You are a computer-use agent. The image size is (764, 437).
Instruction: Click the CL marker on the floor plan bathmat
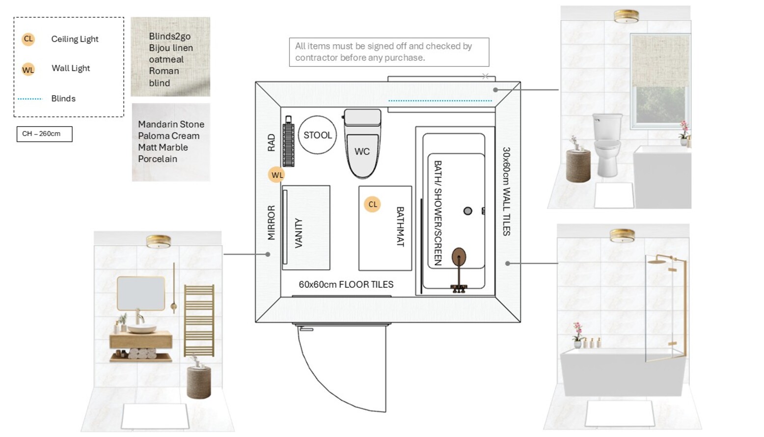tap(372, 204)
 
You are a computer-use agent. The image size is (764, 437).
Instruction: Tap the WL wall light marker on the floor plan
tap(276, 175)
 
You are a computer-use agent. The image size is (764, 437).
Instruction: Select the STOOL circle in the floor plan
tap(318, 135)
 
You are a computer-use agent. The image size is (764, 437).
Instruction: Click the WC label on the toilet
tap(362, 151)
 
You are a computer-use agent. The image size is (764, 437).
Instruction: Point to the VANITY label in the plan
tap(299, 233)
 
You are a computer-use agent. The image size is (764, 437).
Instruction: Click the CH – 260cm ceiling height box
tap(44, 134)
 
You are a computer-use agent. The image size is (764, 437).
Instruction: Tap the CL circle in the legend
tap(28, 39)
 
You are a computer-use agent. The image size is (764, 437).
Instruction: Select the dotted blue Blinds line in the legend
tap(30, 99)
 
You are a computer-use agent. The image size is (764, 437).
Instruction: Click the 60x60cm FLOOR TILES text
tap(346, 284)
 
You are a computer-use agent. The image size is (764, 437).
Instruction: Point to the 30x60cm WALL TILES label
tap(507, 191)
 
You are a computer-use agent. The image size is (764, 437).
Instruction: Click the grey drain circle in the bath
tap(467, 211)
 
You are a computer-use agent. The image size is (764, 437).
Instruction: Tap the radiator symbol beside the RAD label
tap(289, 141)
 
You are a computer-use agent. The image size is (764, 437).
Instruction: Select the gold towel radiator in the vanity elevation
tap(199, 321)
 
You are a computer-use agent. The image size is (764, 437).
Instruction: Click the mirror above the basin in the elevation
tap(141, 294)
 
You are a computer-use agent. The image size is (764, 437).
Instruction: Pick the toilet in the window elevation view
tap(607, 145)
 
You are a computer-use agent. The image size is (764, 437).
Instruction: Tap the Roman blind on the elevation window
tap(661, 61)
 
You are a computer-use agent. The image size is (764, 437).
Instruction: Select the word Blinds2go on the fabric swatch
tap(169, 36)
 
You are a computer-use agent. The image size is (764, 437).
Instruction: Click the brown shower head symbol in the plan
tap(459, 257)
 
